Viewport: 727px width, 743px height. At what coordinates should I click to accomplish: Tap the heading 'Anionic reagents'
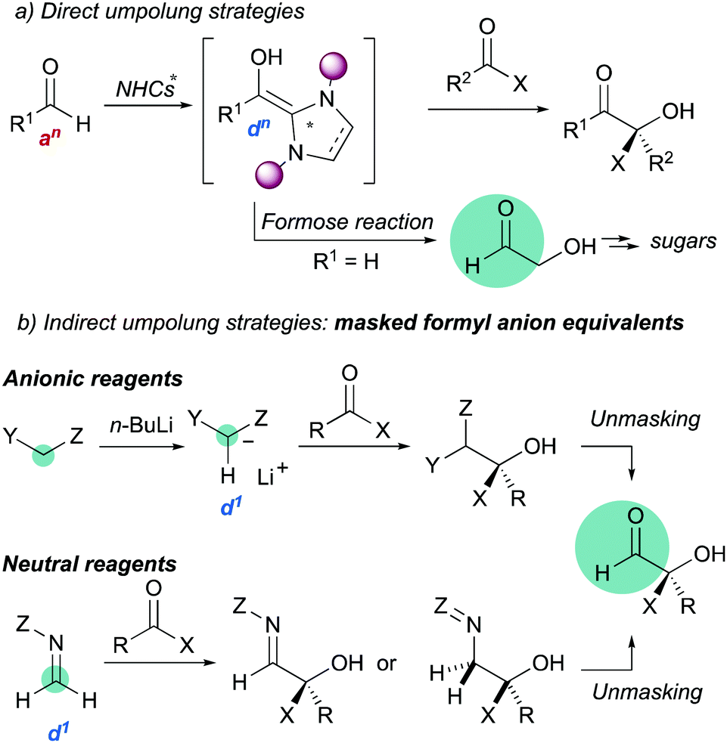point(91,379)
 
